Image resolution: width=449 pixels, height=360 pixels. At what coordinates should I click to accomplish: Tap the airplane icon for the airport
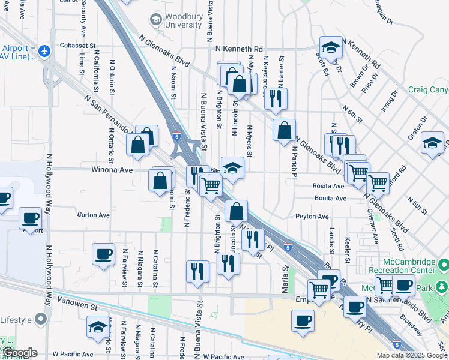click(x=43, y=52)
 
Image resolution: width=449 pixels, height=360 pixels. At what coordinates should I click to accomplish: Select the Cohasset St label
click(x=78, y=46)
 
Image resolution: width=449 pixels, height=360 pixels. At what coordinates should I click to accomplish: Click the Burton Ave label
click(x=93, y=214)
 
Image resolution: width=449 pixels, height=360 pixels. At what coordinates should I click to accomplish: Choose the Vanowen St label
click(x=77, y=306)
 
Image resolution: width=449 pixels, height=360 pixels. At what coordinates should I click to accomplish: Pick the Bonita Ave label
click(x=330, y=198)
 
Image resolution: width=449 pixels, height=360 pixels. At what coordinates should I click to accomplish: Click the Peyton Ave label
click(x=312, y=216)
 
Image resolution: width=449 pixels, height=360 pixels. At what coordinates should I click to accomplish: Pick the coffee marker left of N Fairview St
click(x=103, y=253)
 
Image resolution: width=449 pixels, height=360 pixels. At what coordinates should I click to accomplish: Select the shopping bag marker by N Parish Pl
click(x=284, y=130)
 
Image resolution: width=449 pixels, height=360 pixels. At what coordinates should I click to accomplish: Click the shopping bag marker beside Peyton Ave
click(x=237, y=211)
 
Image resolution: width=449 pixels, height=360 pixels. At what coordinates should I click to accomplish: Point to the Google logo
click(x=19, y=353)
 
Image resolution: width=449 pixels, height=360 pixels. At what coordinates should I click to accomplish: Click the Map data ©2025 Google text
click(x=412, y=355)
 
